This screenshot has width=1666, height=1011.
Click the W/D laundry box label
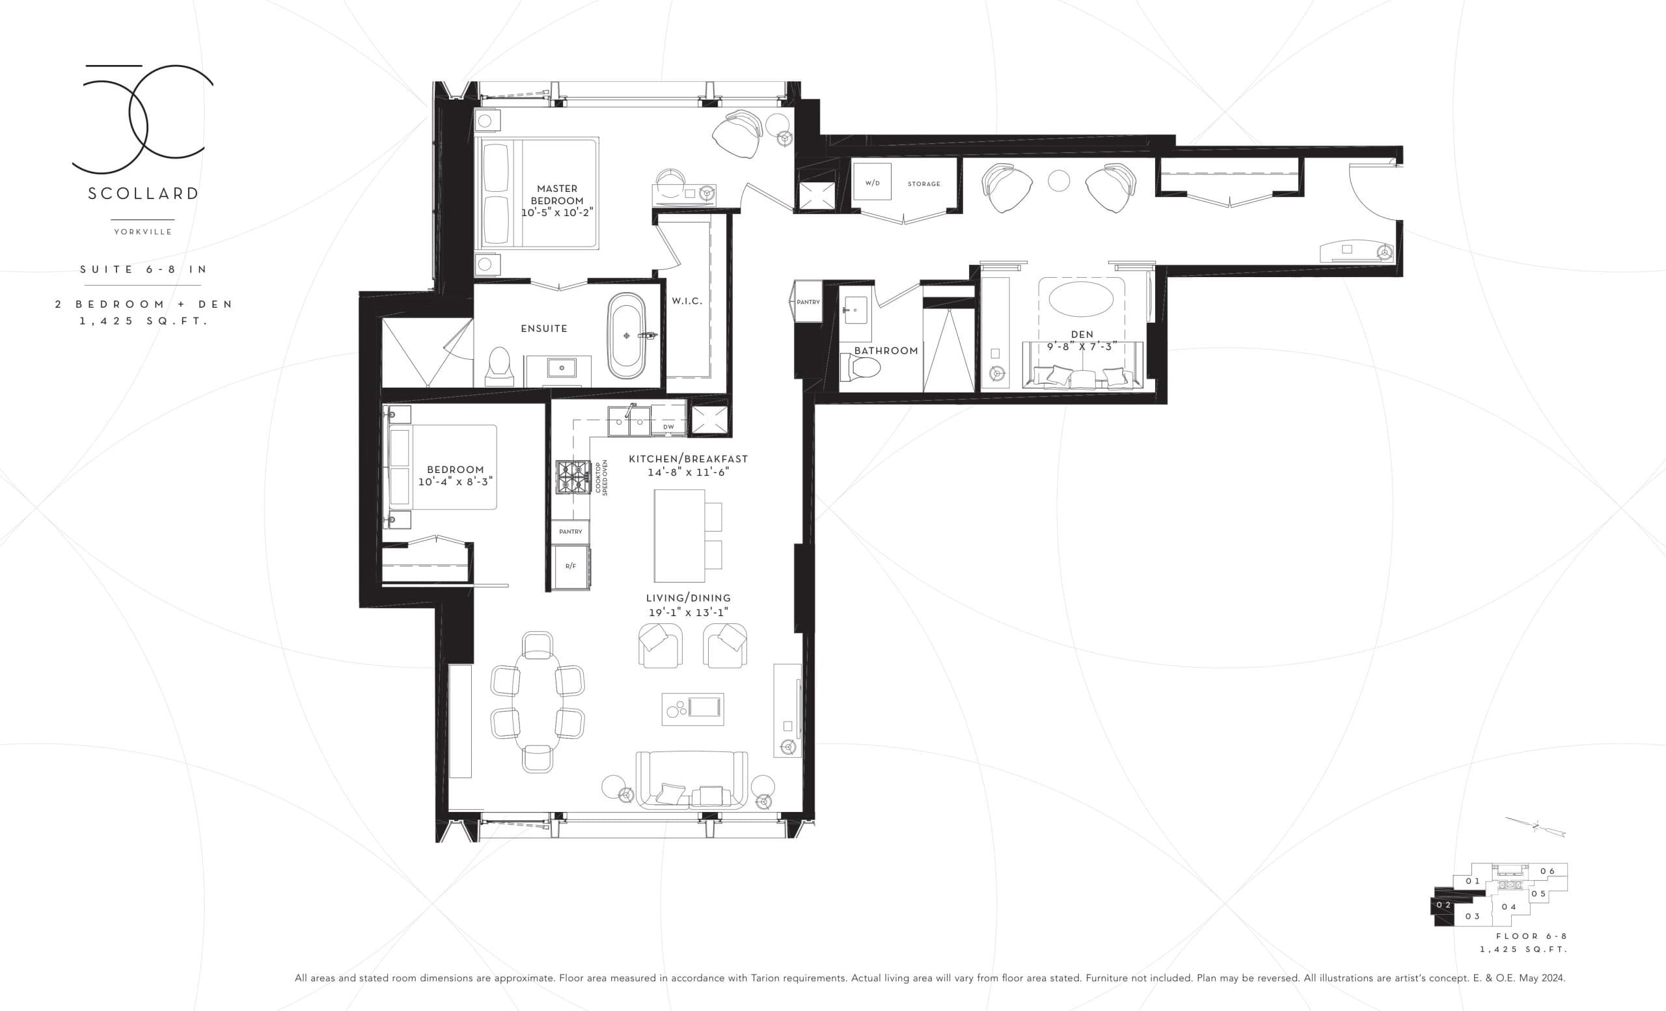tap(872, 183)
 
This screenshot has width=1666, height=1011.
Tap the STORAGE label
tap(923, 184)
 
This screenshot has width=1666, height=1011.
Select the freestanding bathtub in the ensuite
tap(627, 336)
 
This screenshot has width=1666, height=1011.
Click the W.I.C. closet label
tap(687, 301)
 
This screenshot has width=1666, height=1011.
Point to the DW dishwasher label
tap(668, 427)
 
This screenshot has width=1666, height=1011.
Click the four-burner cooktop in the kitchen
tap(573, 477)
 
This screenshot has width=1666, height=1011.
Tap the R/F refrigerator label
tap(571, 566)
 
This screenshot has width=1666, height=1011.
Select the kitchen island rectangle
tap(679, 536)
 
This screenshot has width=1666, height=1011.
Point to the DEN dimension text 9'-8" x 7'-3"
tap(1082, 346)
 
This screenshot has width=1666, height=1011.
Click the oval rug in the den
tap(1082, 299)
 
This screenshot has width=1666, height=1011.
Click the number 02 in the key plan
tap(1443, 906)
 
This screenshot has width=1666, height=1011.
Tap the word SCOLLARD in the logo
tap(143, 194)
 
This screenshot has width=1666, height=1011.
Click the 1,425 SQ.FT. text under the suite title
tap(143, 321)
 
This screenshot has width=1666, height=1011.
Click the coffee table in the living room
tap(692, 709)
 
